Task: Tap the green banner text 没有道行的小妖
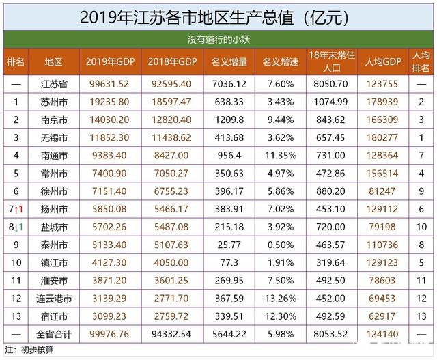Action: click(218, 39)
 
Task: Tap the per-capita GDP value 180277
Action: click(382, 138)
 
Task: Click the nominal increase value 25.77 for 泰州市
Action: click(225, 245)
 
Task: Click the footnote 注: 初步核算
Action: click(31, 350)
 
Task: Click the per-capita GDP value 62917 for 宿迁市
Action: click(382, 316)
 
